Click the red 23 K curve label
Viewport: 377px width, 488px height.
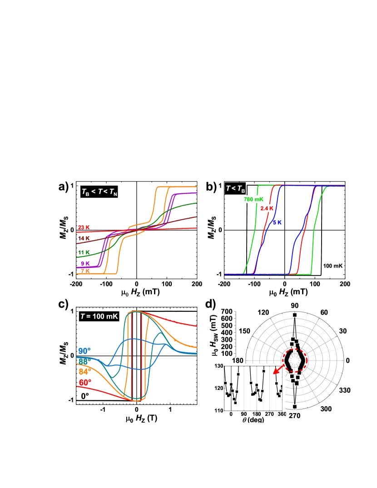[x=84, y=227]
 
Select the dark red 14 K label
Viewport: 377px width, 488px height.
[x=84, y=238]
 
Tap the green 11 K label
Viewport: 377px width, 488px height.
[x=84, y=252]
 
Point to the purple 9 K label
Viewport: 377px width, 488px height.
[x=85, y=264]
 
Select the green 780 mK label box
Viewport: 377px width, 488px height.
[x=253, y=199]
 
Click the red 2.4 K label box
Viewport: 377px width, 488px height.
[x=267, y=208]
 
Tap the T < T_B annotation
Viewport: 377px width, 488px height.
[x=235, y=189]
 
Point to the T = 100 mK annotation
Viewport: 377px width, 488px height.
[x=99, y=316]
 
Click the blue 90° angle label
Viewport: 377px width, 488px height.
[x=84, y=351]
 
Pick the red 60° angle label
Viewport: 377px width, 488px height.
[x=85, y=383]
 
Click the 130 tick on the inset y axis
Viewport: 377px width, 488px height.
[x=219, y=366]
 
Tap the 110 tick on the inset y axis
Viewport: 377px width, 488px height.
[x=219, y=410]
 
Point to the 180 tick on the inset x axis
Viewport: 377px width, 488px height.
[x=257, y=414]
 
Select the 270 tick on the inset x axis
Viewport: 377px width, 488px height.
[x=269, y=414]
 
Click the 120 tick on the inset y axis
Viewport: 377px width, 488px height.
[x=219, y=388]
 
